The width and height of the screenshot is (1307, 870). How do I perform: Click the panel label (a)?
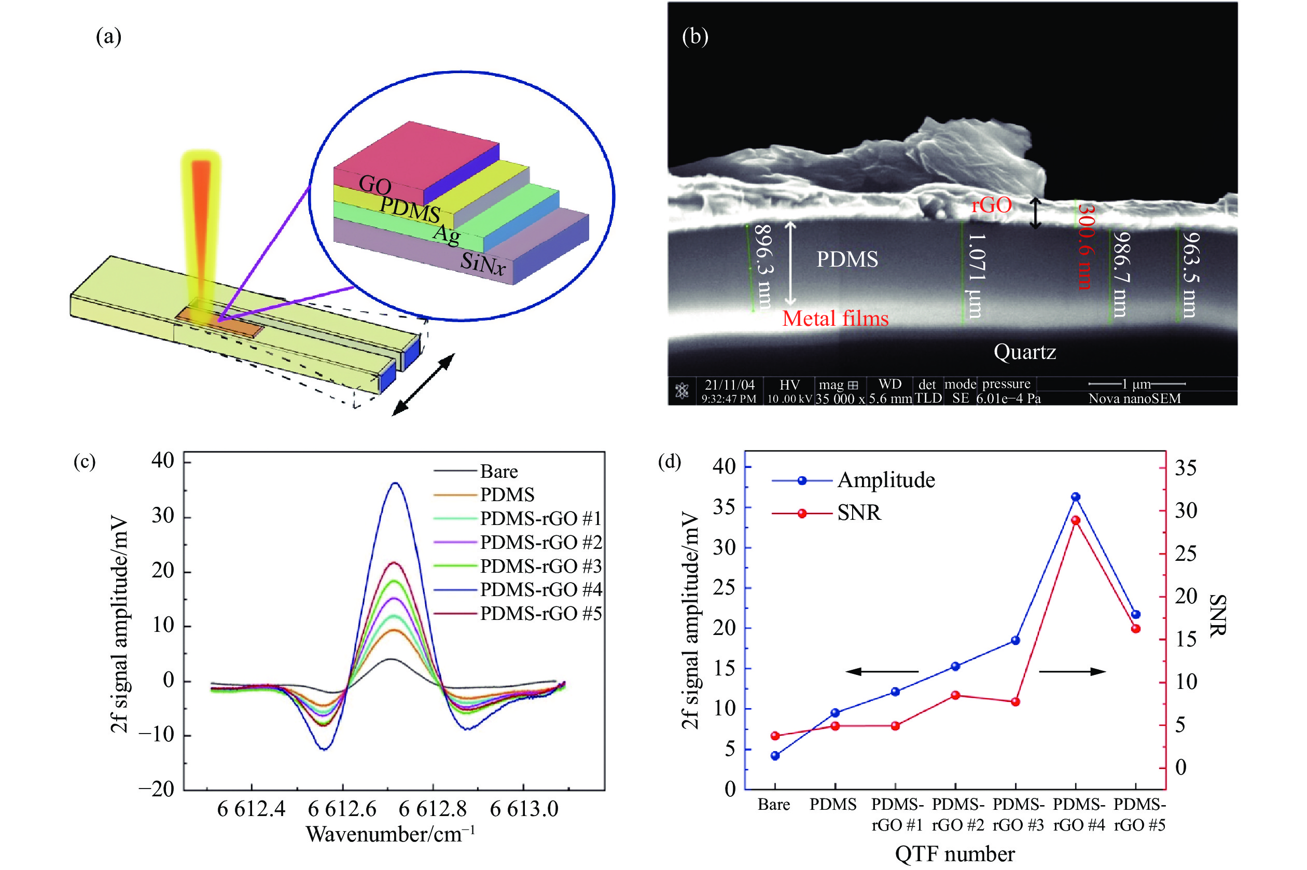(x=109, y=37)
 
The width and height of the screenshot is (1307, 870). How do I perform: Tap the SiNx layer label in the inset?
(x=483, y=263)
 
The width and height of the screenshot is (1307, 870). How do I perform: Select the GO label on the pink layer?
(x=375, y=185)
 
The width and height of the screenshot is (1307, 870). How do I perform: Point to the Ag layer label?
(x=447, y=234)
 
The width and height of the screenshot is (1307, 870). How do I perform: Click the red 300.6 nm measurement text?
(x=1085, y=247)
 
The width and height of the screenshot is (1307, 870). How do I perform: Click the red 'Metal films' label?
(x=835, y=319)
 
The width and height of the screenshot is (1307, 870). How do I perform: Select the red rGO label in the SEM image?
(x=991, y=205)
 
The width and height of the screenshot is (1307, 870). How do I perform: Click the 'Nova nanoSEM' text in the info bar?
(x=1134, y=398)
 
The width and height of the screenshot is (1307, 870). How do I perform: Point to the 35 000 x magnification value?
(x=840, y=399)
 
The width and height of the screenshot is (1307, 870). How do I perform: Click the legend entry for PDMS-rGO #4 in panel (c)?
(x=541, y=589)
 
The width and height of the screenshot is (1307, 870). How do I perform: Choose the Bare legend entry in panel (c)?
(x=499, y=472)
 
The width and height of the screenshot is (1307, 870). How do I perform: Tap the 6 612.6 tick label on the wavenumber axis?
(x=342, y=809)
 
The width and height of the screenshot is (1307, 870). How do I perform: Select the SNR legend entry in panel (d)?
(x=858, y=513)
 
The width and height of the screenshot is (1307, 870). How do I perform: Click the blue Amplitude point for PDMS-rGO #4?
(x=1076, y=497)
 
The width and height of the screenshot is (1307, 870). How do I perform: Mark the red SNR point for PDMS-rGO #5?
(x=1135, y=629)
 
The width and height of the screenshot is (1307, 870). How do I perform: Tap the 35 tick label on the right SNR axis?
(x=1186, y=468)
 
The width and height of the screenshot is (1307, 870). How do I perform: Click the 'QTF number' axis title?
(x=955, y=854)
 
